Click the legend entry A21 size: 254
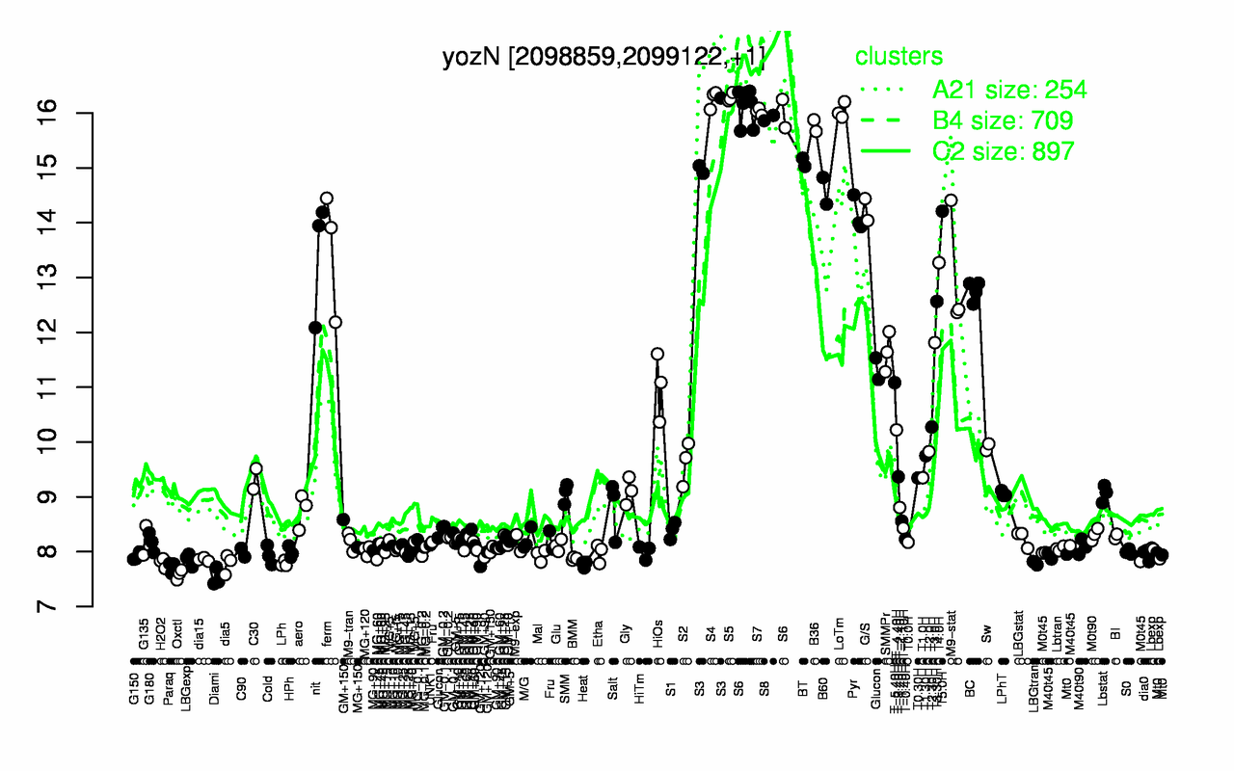coord(1009,91)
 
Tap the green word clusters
coord(899,57)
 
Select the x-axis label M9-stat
coord(954,630)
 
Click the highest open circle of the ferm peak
coord(326,199)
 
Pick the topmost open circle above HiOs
coord(657,354)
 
